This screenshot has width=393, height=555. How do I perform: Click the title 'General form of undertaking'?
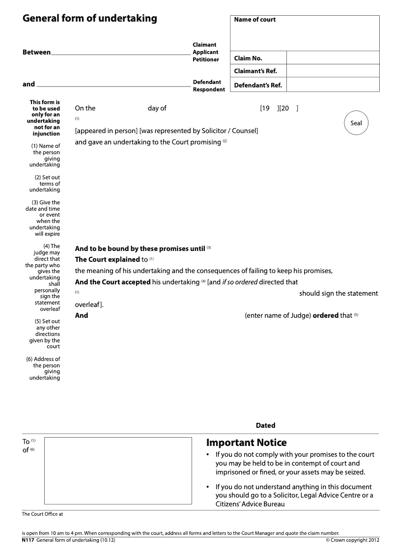pos(90,19)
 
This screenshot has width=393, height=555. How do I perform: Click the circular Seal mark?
pos(356,123)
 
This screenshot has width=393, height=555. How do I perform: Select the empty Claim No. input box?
pos(333,58)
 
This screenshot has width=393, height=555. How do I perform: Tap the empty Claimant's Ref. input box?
pos(333,71)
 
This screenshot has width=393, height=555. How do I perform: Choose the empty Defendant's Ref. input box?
pos(333,85)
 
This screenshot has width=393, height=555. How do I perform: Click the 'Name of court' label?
pos(254,20)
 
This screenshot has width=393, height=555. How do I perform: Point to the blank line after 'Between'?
pos(120,52)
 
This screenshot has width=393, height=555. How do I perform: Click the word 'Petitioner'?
pos(206,59)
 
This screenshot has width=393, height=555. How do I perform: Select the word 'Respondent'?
pos(209,89)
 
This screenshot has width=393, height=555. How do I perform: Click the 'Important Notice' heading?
pos(246,443)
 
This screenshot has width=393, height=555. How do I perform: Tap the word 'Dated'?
pos(265,425)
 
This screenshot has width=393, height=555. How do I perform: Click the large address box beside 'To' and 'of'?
pos(118,471)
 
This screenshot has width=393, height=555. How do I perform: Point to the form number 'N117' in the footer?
pos(28,540)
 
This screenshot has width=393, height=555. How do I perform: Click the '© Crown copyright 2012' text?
pos(352,540)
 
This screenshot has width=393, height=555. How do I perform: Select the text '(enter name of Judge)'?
pos(278,316)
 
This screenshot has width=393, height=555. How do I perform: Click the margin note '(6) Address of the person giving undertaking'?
pos(44,368)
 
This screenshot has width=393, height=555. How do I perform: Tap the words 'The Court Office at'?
pos(43,514)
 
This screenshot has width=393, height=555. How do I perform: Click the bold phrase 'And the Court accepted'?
pos(112,282)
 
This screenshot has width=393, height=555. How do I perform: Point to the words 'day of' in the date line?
pos(157,108)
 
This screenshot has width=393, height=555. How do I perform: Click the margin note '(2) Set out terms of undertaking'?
pos(46,184)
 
